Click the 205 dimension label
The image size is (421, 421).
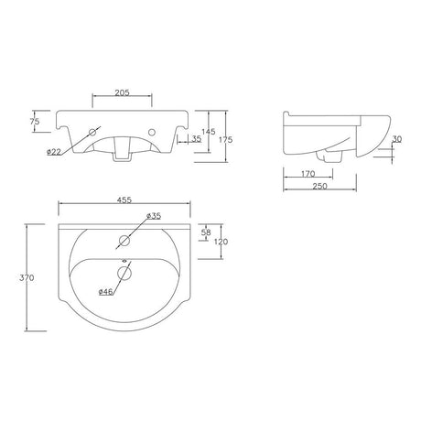[x=122, y=92]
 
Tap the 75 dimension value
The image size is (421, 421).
[x=35, y=121]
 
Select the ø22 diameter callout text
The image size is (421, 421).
[x=54, y=152]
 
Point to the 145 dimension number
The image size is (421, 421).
[x=209, y=132]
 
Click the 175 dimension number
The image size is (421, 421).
[x=226, y=139]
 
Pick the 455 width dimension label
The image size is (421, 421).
[x=124, y=200]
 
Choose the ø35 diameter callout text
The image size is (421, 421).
[x=154, y=216]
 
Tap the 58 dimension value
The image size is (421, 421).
[x=206, y=232]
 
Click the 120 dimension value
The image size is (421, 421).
[x=221, y=242]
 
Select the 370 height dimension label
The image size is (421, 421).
[x=27, y=278]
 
